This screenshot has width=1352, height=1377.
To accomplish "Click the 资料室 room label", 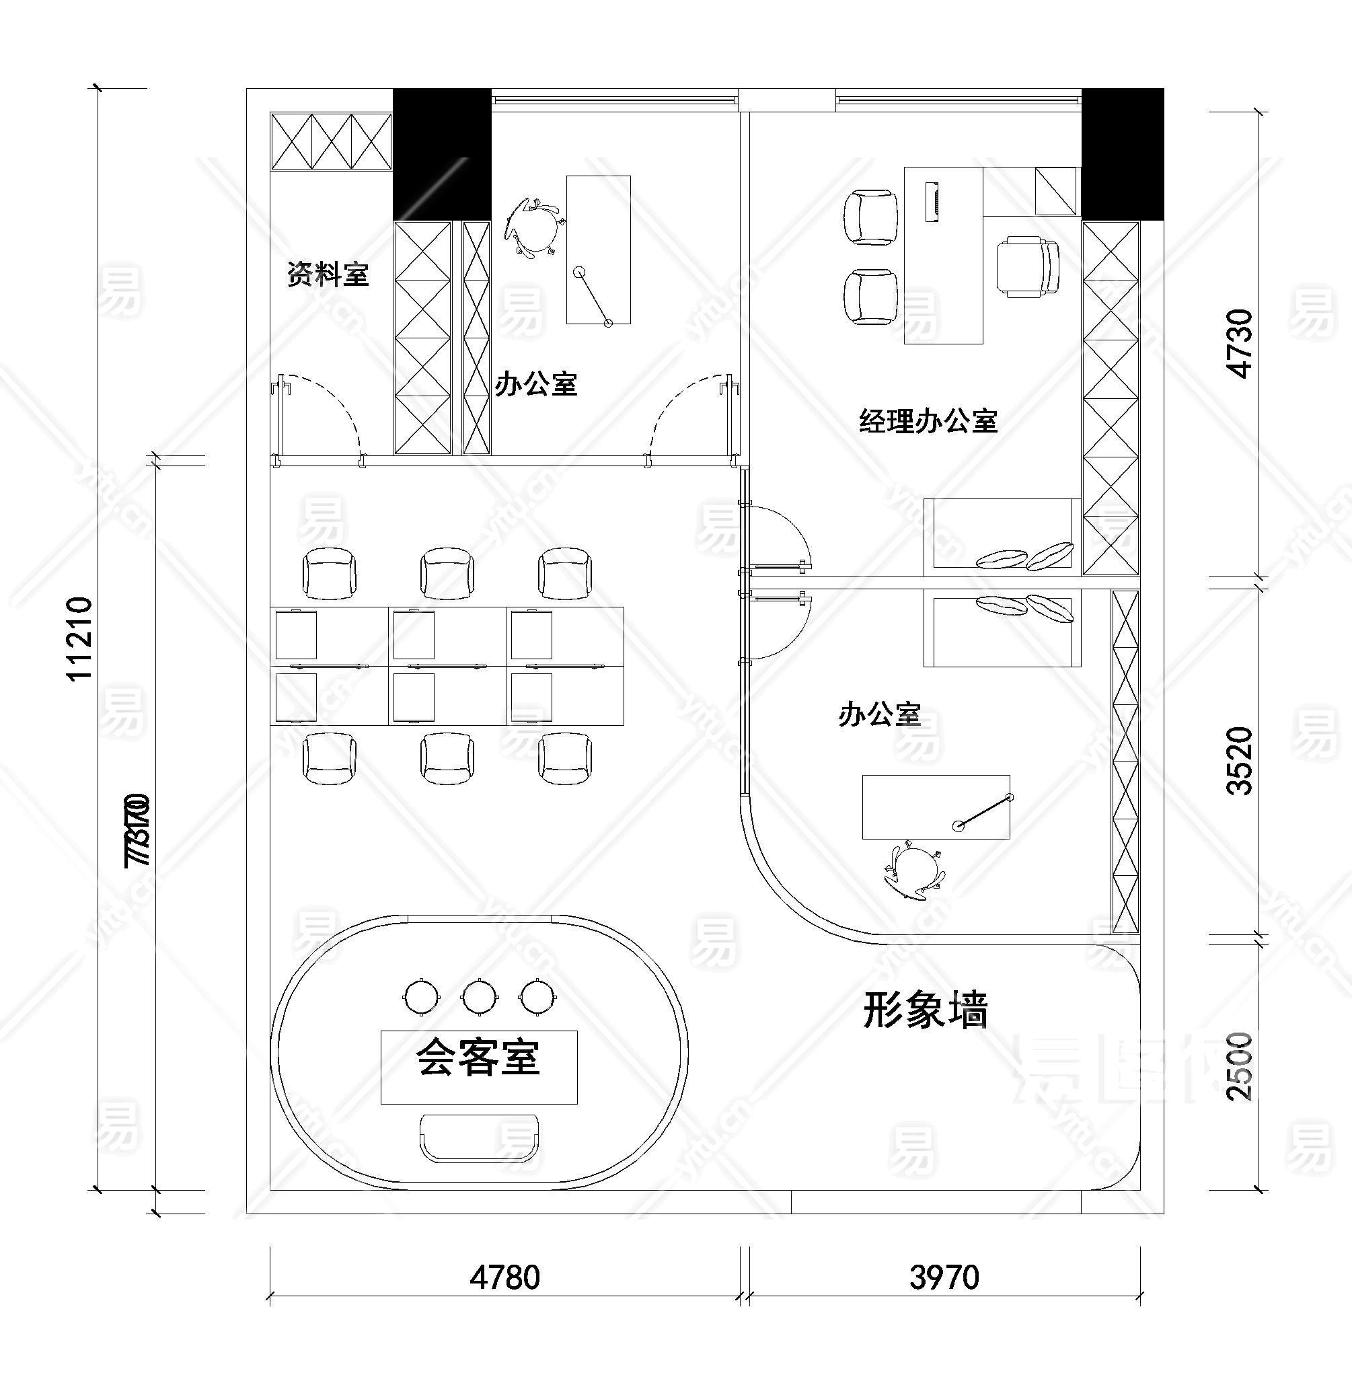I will point(328,274).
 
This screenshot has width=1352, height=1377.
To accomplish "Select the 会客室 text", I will point(479,1057).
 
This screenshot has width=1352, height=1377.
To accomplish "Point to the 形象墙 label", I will point(926,1010).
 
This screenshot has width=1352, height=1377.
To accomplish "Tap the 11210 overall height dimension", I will point(79,638).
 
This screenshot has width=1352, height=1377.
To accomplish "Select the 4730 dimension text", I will point(1240,343).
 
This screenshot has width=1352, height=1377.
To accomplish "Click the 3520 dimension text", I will point(1240,761).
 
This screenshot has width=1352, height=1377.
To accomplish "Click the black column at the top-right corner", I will point(1122,153).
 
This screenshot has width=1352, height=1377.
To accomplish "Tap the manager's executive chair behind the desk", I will point(1028,267).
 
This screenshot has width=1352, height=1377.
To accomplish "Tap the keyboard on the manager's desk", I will point(932,202).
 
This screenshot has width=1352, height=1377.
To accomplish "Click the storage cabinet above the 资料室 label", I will point(331,141).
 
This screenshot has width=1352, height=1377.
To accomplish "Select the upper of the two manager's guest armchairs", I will point(870,217).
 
